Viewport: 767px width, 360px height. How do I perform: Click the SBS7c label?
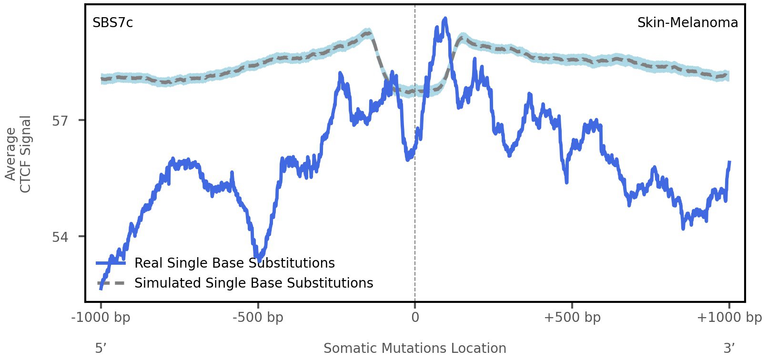point(112,23)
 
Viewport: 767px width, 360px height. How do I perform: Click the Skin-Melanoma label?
point(687,23)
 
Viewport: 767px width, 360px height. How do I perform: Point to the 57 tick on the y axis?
point(60,120)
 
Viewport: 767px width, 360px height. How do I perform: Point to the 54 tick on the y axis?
point(60,237)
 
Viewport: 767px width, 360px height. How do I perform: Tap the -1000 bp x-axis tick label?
point(101,318)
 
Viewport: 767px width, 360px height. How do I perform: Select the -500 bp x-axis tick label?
point(258,318)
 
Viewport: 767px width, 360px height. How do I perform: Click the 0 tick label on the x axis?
point(415,318)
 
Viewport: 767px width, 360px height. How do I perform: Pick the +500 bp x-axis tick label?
point(572,318)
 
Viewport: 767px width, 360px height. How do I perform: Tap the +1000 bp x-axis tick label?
point(729,318)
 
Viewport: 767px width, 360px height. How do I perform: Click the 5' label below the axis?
point(100,349)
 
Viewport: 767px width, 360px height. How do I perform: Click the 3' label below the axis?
point(729,349)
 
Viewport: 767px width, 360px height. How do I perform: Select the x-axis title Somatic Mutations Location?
point(414,349)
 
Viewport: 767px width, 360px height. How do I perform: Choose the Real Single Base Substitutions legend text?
point(234,263)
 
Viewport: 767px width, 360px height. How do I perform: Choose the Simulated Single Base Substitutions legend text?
point(253,283)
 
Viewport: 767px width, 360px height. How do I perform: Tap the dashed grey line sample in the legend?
point(111,283)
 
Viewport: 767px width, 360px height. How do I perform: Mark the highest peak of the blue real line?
point(445,19)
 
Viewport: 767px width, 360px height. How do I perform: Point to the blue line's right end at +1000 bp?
point(729,163)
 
